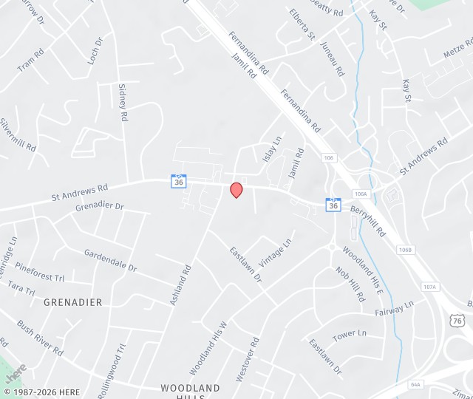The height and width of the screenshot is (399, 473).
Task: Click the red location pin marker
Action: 236,190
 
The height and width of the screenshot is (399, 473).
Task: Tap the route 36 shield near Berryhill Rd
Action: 333,204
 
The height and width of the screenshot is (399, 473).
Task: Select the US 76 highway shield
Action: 456,318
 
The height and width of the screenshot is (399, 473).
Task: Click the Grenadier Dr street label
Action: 99,207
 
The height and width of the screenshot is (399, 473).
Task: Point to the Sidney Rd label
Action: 123,102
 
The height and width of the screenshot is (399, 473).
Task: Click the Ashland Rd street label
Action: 180,285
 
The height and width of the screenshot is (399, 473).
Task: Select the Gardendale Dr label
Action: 110,259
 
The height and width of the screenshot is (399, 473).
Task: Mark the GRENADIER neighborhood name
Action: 73,302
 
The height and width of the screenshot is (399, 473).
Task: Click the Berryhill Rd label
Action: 369,219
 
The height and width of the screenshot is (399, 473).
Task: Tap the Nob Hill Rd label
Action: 351,284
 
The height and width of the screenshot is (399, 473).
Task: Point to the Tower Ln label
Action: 350,335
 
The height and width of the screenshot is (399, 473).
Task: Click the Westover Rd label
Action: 248,359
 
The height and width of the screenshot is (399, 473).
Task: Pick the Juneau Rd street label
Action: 333,60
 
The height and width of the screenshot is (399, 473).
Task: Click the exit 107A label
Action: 429,287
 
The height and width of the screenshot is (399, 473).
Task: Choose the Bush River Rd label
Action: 40,336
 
